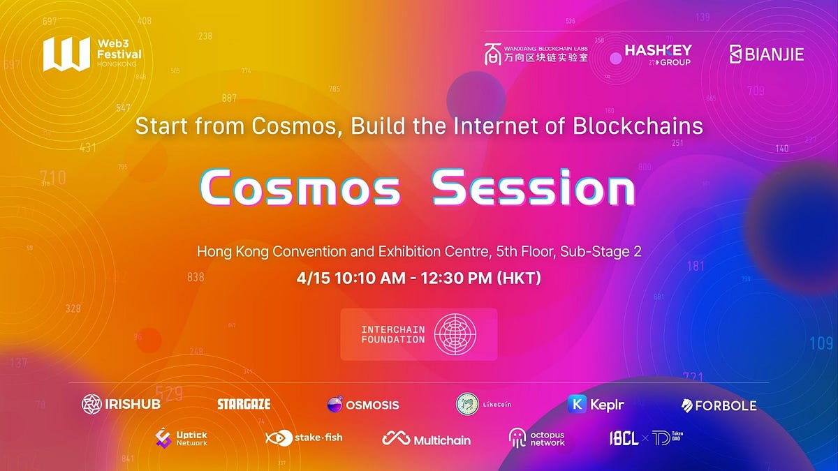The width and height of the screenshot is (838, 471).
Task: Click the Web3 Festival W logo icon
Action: click(x=66, y=54)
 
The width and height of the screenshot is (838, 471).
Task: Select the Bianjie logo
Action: click(x=766, y=54)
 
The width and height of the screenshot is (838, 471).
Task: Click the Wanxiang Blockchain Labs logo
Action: click(x=536, y=54)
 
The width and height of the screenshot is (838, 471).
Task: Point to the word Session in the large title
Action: click(x=534, y=188)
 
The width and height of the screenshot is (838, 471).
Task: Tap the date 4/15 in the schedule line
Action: click(x=311, y=278)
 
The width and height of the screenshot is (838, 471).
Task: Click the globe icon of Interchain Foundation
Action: click(x=455, y=334)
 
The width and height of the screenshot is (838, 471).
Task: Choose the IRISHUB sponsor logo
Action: click(x=122, y=404)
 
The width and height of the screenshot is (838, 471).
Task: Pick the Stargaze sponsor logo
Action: click(x=244, y=404)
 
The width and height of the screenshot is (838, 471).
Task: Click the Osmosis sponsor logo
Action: click(x=363, y=405)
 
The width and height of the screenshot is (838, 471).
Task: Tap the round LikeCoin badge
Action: click(x=467, y=404)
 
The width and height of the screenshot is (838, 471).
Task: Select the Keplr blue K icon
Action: click(x=577, y=404)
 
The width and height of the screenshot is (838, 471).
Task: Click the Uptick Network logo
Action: click(x=182, y=438)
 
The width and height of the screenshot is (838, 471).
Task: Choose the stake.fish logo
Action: click(x=304, y=438)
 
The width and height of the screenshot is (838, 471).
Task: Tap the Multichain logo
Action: click(x=427, y=440)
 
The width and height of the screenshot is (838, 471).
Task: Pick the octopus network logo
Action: click(x=536, y=438)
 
